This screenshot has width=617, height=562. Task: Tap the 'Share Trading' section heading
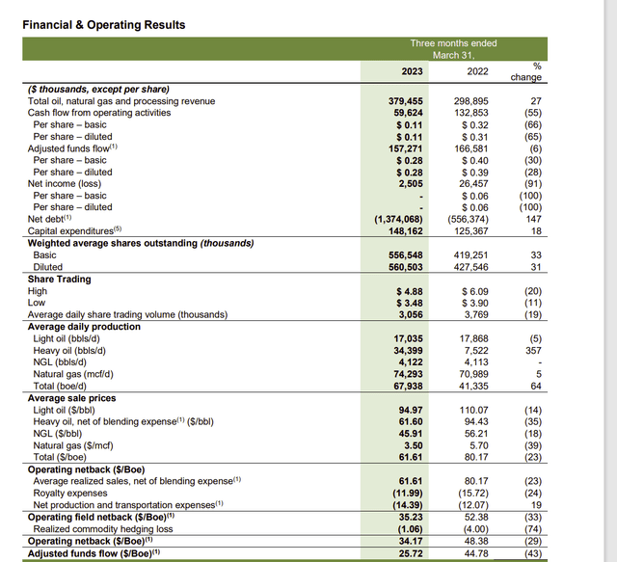click(x=60, y=279)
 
